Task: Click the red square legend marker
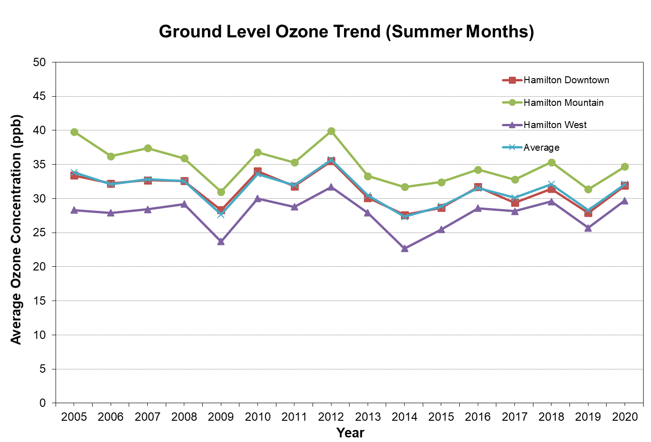[x=512, y=80]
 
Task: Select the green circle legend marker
[x=512, y=102]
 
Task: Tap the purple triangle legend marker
[x=512, y=125]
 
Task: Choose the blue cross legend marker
[x=512, y=147]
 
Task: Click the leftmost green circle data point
[x=74, y=132]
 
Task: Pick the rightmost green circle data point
[x=625, y=166]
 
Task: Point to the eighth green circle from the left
[x=331, y=131]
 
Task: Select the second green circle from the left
[x=111, y=156]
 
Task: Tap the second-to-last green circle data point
[x=588, y=189]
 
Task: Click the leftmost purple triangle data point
[x=74, y=210]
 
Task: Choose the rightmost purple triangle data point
[x=625, y=201]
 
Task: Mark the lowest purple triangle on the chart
[x=405, y=248]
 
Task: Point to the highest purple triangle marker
[x=331, y=187]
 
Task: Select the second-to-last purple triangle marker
[x=588, y=228]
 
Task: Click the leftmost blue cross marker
[x=74, y=172]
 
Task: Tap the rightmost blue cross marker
[x=625, y=184]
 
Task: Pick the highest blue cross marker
[x=331, y=160]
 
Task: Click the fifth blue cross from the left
[x=221, y=214]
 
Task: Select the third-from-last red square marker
[x=551, y=189]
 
